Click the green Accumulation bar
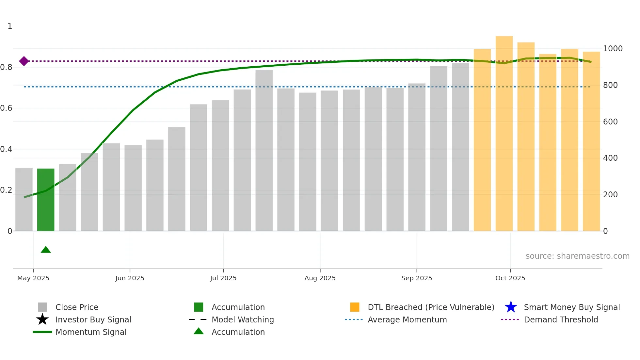pyautogui.click(x=46, y=200)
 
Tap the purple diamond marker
pyautogui.click(x=24, y=61)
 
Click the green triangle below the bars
pyautogui.click(x=46, y=250)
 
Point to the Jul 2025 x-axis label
pyautogui.click(x=223, y=278)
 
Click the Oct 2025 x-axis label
pyautogui.click(x=510, y=278)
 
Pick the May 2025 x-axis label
pyautogui.click(x=33, y=278)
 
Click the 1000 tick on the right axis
pyautogui.click(x=613, y=49)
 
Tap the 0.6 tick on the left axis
pyautogui.click(x=6, y=108)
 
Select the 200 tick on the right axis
pyautogui.click(x=610, y=195)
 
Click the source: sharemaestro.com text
pyautogui.click(x=577, y=256)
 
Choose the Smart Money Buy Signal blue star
pyautogui.click(x=511, y=307)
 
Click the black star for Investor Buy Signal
pyautogui.click(x=42, y=319)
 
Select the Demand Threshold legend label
pyautogui.click(x=561, y=319)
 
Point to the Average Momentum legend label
pyautogui.click(x=407, y=319)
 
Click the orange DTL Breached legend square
pyautogui.click(x=355, y=307)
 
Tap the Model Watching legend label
pyautogui.click(x=243, y=319)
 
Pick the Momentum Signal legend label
pyautogui.click(x=91, y=332)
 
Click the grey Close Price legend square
pyautogui.click(x=42, y=307)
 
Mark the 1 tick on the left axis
pyautogui.click(x=10, y=26)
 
